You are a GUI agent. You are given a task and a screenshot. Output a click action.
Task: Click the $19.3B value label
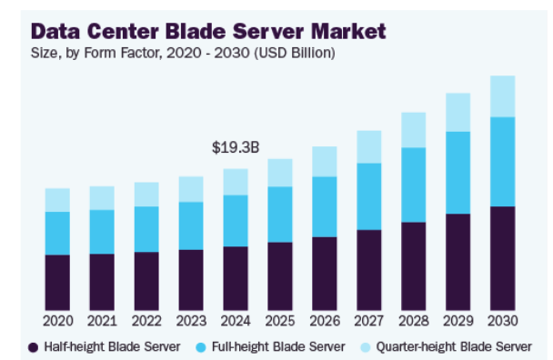(x=235, y=146)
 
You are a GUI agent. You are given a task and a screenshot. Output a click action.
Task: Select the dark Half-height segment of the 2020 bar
(x=57, y=282)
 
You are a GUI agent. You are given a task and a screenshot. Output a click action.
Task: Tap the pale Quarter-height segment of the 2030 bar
(x=502, y=95)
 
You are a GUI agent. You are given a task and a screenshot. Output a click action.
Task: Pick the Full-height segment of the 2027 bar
(x=368, y=196)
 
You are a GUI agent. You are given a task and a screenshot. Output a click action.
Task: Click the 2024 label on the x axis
(x=235, y=322)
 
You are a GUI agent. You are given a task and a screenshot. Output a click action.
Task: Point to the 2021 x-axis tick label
(x=102, y=322)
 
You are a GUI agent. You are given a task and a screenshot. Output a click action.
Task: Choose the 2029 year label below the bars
(x=457, y=322)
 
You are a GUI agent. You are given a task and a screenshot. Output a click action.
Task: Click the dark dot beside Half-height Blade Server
(x=34, y=346)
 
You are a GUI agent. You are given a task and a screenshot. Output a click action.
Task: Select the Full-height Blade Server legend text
(x=277, y=346)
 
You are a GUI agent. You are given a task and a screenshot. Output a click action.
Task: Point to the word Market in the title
(x=342, y=31)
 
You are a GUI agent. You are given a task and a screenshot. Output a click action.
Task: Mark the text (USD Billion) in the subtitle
(x=293, y=53)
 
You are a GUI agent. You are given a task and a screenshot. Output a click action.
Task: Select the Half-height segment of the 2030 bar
(x=502, y=258)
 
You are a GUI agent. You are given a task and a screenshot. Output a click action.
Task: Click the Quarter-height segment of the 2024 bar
(x=235, y=181)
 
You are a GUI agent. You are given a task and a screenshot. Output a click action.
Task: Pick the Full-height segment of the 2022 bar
(x=146, y=228)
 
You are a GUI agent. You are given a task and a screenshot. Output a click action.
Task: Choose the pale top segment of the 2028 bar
(x=413, y=130)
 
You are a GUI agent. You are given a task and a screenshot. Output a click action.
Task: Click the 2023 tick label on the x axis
(x=191, y=322)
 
